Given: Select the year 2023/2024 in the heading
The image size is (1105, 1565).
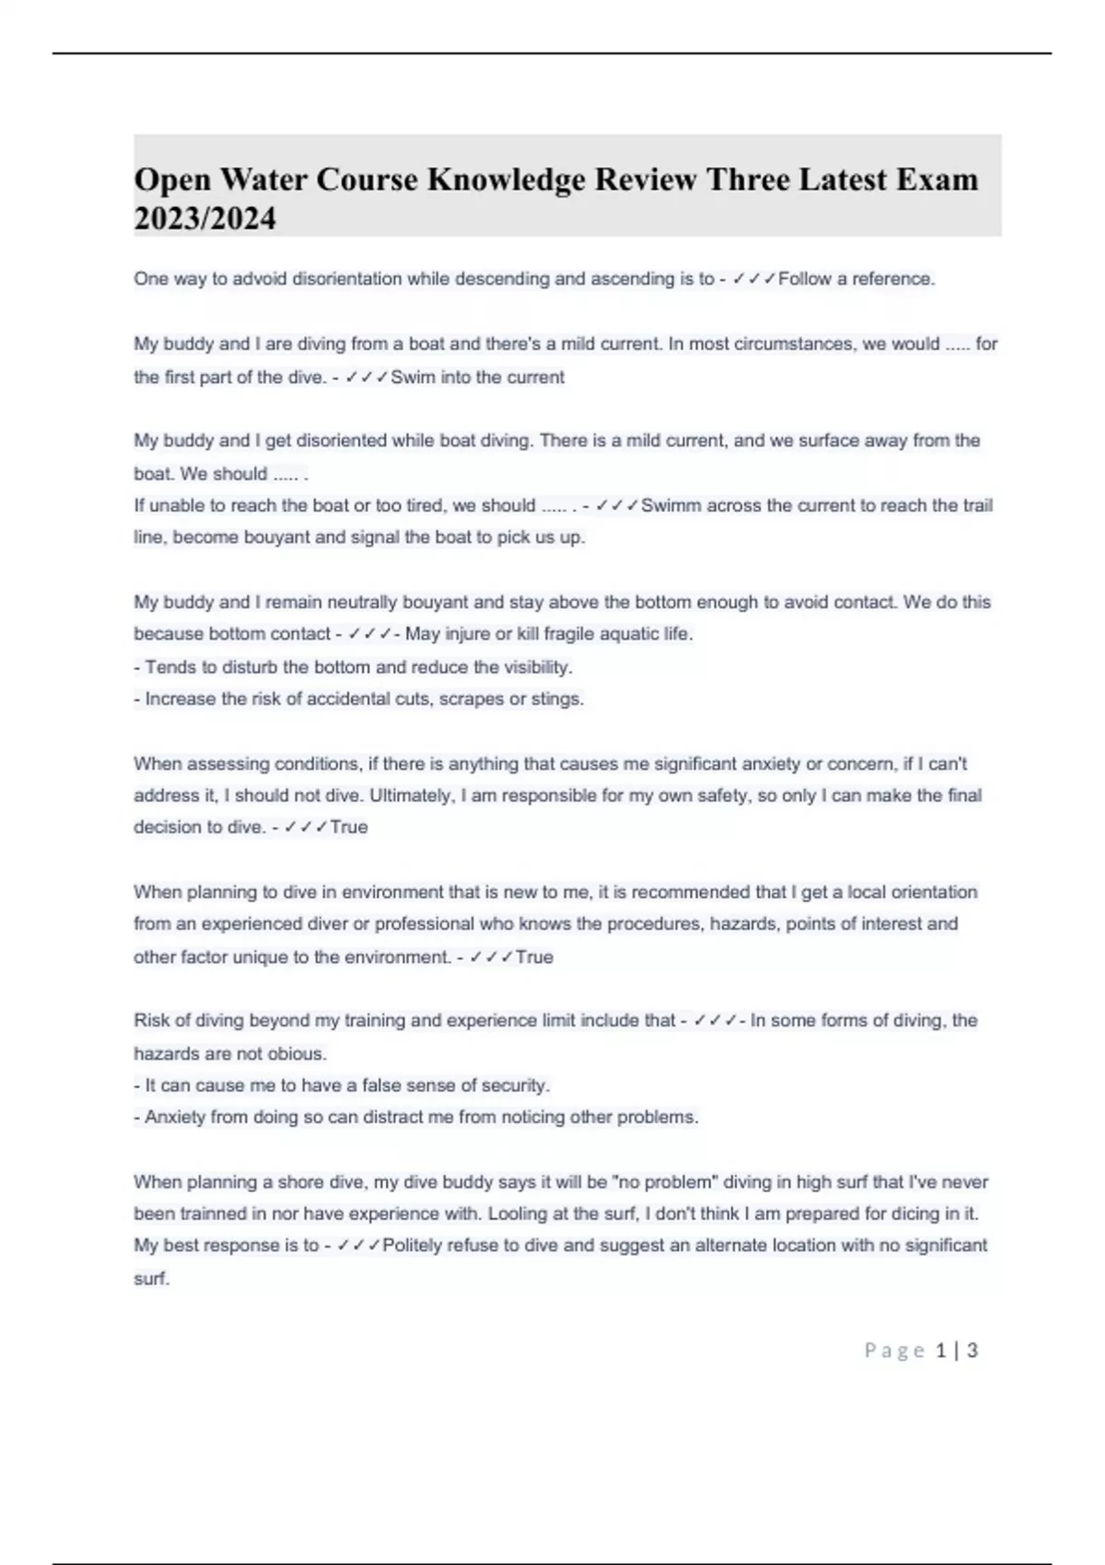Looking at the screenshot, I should pos(204,219).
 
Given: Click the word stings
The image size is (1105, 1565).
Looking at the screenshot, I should pos(558,699).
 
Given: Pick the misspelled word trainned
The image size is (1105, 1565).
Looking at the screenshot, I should pos(208,1213).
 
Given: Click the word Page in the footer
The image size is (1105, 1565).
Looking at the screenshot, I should pos(894,1351).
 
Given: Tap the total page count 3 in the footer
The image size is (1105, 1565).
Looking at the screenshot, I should pos(972,1351).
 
